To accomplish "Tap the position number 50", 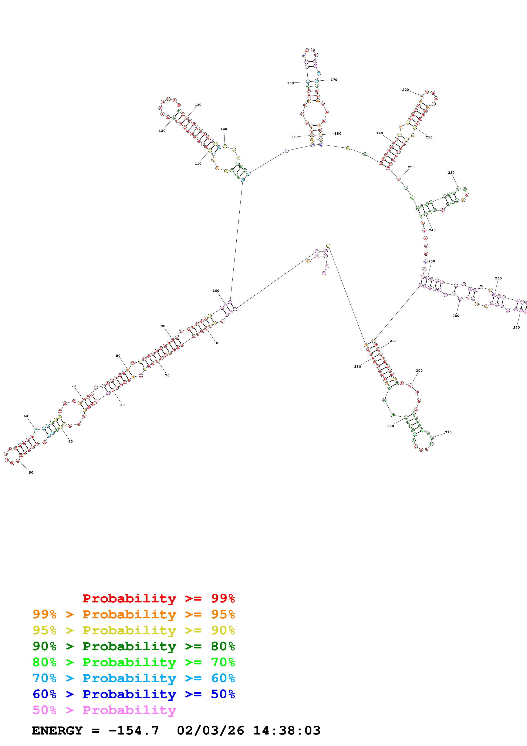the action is [31, 473].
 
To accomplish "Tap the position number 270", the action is [516, 327].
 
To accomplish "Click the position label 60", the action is [26, 416].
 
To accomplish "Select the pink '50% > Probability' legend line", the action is [104, 710].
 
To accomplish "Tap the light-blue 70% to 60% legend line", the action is [134, 678].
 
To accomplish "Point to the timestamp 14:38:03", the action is [287, 731].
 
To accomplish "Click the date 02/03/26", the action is [210, 731].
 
